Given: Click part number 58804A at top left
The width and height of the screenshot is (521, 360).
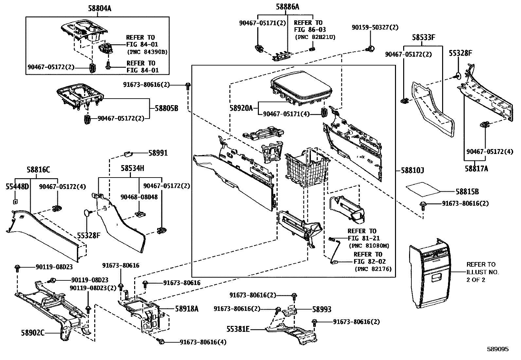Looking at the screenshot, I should coord(99,9).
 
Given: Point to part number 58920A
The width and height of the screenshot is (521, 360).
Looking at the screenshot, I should coord(241,108).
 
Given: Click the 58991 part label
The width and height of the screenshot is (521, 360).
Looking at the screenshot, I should coord(158,153).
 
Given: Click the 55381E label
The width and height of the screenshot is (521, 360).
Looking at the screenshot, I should coord(238,329).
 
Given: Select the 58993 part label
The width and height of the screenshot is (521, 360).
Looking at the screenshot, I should coord(322,309).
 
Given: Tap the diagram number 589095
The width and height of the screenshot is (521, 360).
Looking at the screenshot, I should coord(497,349).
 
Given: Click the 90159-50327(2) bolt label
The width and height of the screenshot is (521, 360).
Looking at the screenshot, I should coord(375,28).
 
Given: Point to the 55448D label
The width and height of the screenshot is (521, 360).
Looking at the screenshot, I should coord(17,187).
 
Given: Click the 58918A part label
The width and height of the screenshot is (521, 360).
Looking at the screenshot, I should coord(187,309).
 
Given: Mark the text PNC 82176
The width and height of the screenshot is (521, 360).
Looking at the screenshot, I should coord(373,269).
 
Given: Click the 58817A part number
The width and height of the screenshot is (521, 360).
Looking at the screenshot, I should coord(476,168).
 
